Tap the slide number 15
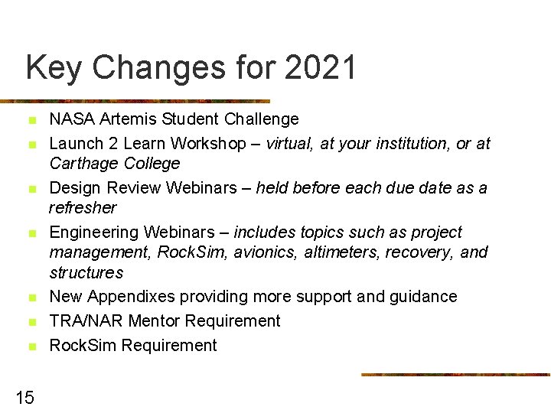point(24,397)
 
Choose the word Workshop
point(209,144)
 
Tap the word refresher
point(83,208)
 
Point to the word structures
point(86,273)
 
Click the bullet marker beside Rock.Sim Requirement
point(31,346)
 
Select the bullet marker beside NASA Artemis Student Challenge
point(31,121)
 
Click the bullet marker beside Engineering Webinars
point(31,233)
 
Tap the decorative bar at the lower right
point(455,375)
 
